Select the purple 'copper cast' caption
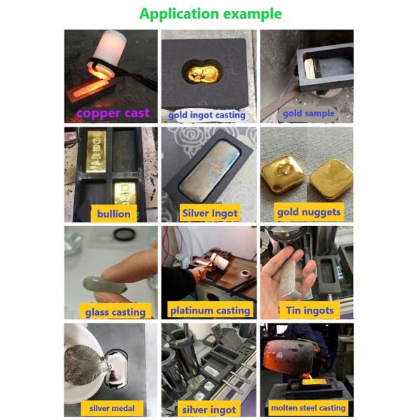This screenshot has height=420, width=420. [x=113, y=113]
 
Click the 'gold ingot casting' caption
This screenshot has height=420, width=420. [x=206, y=115]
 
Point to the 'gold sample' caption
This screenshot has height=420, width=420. [x=309, y=113]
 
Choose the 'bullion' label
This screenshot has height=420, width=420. [x=114, y=213]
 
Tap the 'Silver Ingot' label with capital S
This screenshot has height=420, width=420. [x=210, y=213]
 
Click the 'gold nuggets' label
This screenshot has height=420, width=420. [x=309, y=212]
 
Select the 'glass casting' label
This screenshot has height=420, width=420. [x=115, y=312]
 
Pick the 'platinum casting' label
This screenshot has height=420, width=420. [x=210, y=310]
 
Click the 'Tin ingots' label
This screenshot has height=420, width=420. [x=309, y=310]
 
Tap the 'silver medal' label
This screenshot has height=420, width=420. [x=112, y=408]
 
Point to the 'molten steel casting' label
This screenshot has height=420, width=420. [x=308, y=407]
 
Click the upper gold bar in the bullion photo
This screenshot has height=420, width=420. [x=96, y=150]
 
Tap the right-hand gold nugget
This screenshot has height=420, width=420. [x=331, y=178]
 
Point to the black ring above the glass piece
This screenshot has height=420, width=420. [x=124, y=234]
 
